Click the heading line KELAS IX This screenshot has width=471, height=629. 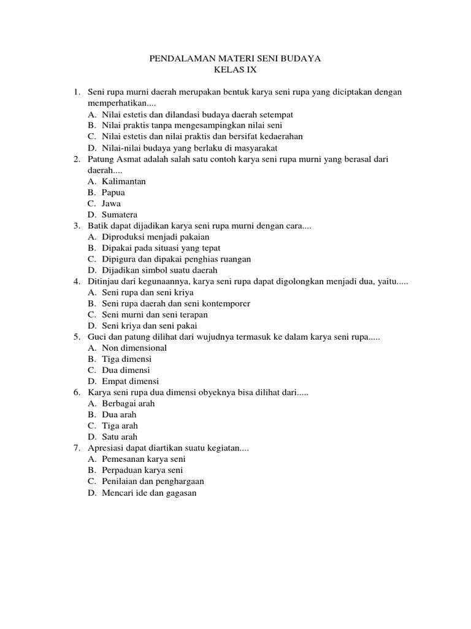coord(235,71)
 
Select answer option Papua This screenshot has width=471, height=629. coord(113,192)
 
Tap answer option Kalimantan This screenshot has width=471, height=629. coord(124,181)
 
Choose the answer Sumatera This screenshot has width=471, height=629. coord(120,214)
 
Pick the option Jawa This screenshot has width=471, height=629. coord(111,203)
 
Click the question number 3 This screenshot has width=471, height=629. coord(77,226)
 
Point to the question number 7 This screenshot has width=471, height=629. coord(77,448)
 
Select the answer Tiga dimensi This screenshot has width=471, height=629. coord(127,359)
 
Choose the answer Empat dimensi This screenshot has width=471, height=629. coord(130,381)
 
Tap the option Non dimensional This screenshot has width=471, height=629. coord(134,348)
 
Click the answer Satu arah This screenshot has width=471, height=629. coord(120,437)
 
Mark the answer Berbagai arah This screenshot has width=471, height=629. coord(128,404)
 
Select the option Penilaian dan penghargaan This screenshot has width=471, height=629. coord(153,481)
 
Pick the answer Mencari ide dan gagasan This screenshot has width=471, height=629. coord(149,493)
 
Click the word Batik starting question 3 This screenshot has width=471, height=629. coord(99,226)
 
